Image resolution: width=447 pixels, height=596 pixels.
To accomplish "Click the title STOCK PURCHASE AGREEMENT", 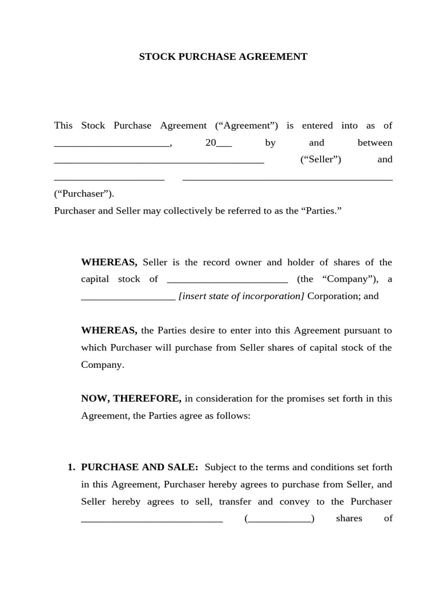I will tap(223, 57).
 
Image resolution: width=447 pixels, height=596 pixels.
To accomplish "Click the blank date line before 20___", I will tap(111, 144).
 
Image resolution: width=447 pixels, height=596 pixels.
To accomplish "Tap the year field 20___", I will tap(218, 143).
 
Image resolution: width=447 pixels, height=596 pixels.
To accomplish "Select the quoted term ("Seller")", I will tap(321, 159).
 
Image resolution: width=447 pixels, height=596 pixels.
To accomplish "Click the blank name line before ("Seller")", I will tap(159, 161).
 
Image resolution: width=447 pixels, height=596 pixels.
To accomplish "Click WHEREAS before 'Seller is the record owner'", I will tap(109, 262).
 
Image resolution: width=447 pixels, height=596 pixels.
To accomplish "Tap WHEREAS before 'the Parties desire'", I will tap(109, 331).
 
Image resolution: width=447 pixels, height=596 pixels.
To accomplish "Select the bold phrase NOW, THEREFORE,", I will tap(131, 399).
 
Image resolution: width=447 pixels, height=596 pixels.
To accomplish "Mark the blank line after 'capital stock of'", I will tap(227, 281).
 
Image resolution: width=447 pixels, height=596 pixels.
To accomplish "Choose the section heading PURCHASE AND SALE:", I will tap(140, 467).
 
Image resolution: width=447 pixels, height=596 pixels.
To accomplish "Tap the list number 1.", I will tap(71, 467).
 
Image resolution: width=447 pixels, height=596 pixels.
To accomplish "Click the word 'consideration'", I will tap(221, 399).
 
